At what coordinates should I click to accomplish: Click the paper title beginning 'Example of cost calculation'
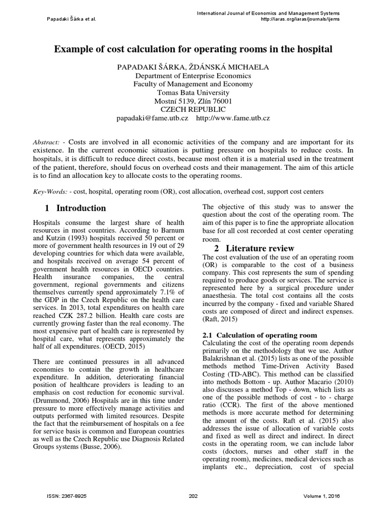point(193,49)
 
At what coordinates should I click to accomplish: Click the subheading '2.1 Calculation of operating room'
point(260,335)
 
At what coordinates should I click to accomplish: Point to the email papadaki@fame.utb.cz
point(152,118)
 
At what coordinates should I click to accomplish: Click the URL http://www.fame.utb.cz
point(233,118)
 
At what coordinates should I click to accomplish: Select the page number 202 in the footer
point(193,496)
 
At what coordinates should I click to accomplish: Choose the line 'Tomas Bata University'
point(193,92)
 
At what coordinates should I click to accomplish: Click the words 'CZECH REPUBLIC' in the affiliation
point(193,109)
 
